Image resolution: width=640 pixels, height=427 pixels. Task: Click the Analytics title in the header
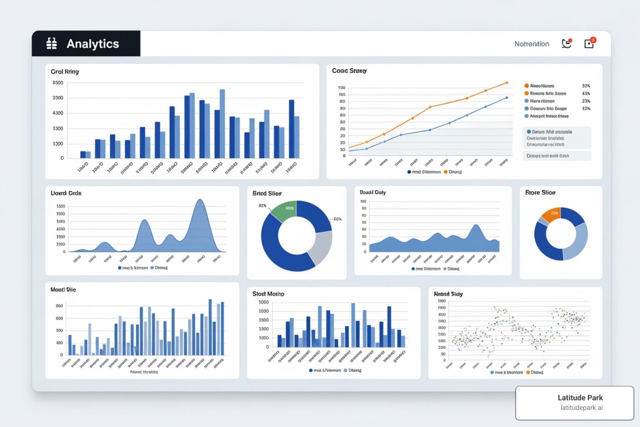92,44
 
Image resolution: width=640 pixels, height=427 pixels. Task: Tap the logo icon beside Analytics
52,43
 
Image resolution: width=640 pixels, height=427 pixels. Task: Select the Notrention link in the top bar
532,44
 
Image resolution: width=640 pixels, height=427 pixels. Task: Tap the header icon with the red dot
566,43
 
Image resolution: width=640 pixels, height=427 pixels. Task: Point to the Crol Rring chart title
65,72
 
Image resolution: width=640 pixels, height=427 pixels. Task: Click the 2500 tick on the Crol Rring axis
58,83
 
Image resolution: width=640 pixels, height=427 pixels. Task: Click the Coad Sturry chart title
349,71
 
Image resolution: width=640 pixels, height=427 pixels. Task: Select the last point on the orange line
507,83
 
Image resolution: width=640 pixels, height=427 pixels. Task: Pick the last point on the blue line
507,98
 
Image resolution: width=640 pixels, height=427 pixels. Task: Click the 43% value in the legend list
586,93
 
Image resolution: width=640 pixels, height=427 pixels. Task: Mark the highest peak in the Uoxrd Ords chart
200,200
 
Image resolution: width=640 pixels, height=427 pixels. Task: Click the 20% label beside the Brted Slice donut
337,219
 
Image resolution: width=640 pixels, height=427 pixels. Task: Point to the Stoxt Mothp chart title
268,294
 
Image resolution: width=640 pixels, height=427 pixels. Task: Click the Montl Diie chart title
63,290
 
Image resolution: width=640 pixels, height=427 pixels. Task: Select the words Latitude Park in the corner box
580,398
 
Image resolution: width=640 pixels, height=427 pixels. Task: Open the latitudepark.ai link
581,408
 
